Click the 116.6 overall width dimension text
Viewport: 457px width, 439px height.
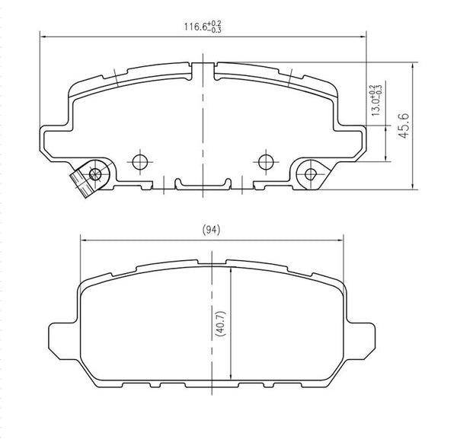[202, 27]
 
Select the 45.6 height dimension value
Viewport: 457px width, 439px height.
[405, 125]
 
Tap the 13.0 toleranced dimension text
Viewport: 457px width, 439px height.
[376, 99]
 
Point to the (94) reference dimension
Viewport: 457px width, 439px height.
[212, 230]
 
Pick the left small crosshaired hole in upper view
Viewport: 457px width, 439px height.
[139, 161]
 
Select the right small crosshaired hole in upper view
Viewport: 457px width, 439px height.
[265, 161]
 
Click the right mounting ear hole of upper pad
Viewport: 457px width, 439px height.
[310, 174]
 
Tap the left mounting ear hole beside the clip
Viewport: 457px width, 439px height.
[94, 174]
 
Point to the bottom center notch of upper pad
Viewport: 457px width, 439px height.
[202, 183]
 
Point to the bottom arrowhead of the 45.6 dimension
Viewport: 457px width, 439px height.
[412, 186]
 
